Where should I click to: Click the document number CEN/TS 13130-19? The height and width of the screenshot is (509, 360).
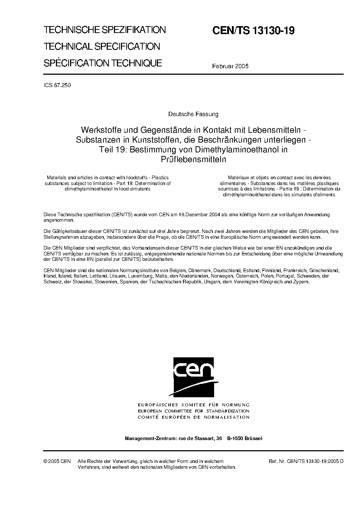253,31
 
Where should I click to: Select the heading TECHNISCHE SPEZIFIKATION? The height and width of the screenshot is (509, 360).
105,30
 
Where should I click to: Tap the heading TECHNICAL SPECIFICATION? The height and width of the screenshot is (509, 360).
102,46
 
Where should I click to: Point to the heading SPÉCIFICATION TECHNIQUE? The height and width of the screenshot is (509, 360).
103,63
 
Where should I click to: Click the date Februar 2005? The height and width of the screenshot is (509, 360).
230,66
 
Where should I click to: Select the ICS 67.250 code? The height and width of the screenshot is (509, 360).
57,86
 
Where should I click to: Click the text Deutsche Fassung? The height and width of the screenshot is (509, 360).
193,114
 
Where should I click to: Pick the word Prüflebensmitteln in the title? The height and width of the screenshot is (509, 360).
193,159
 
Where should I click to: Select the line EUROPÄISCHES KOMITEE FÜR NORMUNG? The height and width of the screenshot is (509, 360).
193,405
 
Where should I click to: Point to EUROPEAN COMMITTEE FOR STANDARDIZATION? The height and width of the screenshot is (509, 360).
193,411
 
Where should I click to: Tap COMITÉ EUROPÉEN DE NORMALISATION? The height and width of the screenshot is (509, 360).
193,417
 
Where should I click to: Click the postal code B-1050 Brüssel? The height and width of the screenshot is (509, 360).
245,438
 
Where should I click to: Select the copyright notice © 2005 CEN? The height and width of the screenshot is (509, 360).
57,461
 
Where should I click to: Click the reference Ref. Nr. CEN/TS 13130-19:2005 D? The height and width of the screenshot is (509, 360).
306,461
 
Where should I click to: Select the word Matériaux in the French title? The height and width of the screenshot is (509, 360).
239,178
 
